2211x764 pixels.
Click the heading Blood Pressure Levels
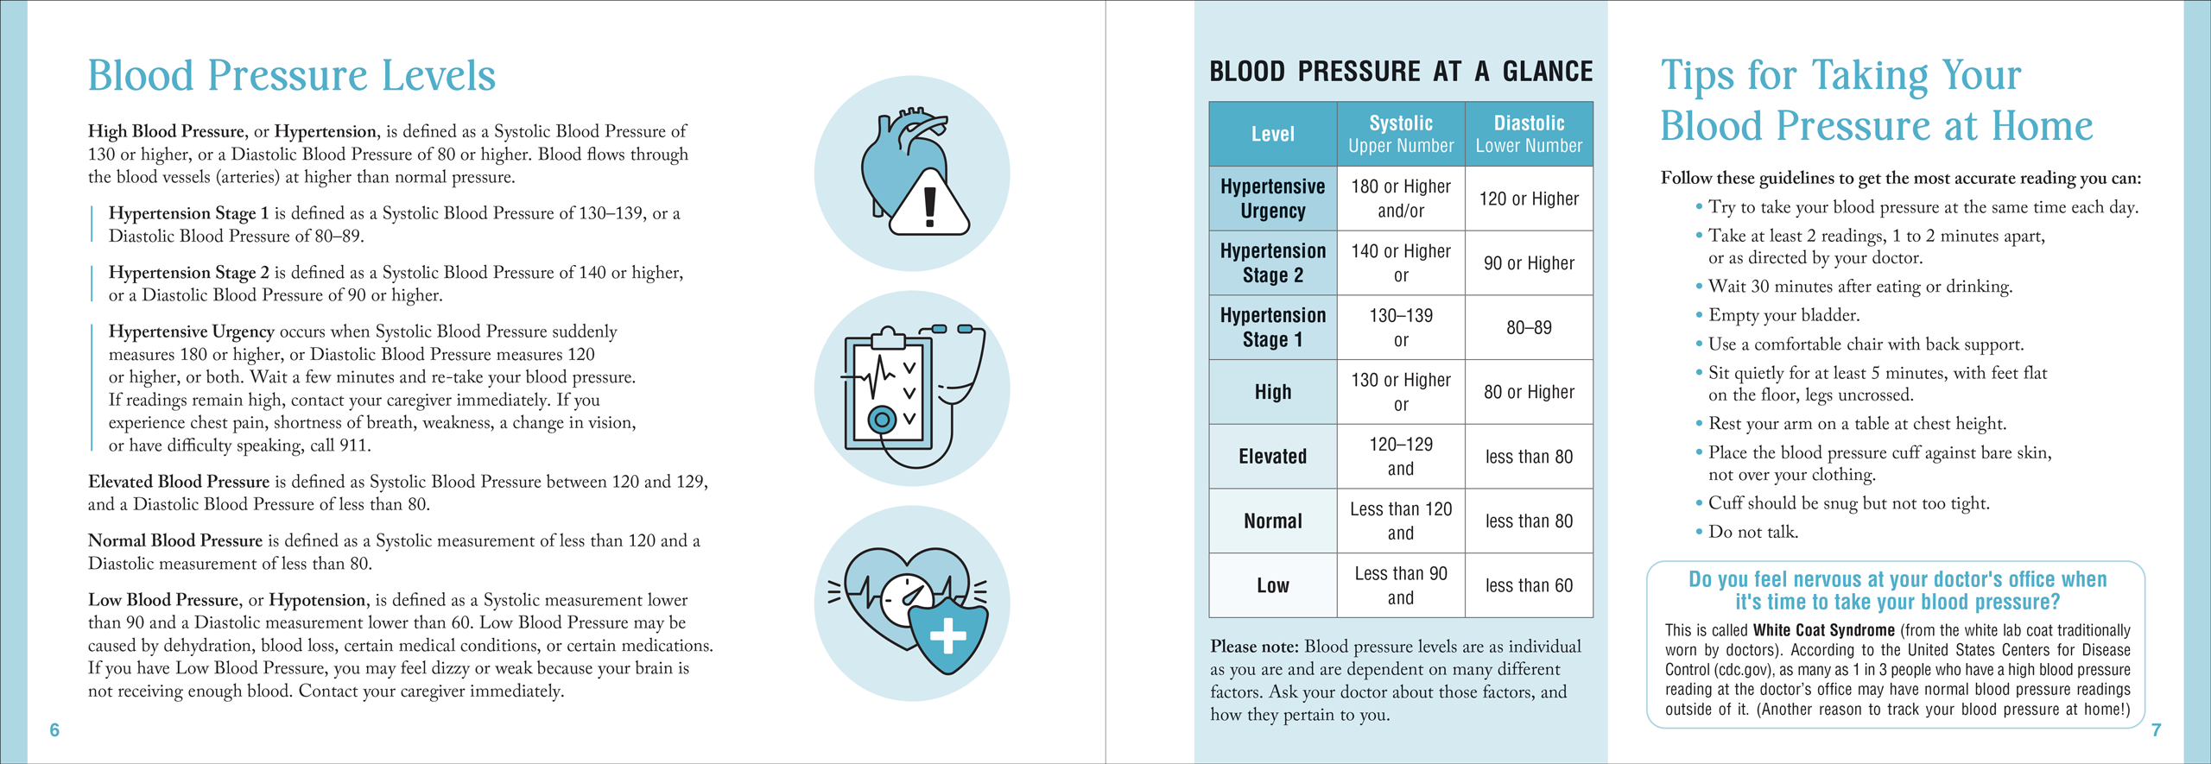[x=291, y=76]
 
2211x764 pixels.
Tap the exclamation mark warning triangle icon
[x=929, y=205]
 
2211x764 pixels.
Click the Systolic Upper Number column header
[x=1400, y=134]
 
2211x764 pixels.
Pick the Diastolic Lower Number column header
[x=1529, y=134]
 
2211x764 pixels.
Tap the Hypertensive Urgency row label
[x=1272, y=199]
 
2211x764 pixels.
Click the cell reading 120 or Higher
[x=1529, y=199]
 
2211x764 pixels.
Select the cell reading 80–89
[x=1529, y=328]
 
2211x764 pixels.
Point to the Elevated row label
[x=1272, y=457]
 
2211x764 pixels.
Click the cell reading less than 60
[x=1529, y=585]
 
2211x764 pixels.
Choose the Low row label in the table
[x=1272, y=585]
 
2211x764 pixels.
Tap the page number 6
[x=54, y=730]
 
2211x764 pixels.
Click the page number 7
[x=2156, y=730]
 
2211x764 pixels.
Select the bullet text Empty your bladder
[x=1783, y=315]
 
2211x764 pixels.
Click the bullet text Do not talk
[x=1753, y=532]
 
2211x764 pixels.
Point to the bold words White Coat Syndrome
[x=1823, y=630]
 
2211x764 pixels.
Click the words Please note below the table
[x=1254, y=647]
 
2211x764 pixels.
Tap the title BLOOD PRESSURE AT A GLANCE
[x=1400, y=72]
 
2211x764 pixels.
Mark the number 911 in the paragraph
[x=352, y=445]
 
